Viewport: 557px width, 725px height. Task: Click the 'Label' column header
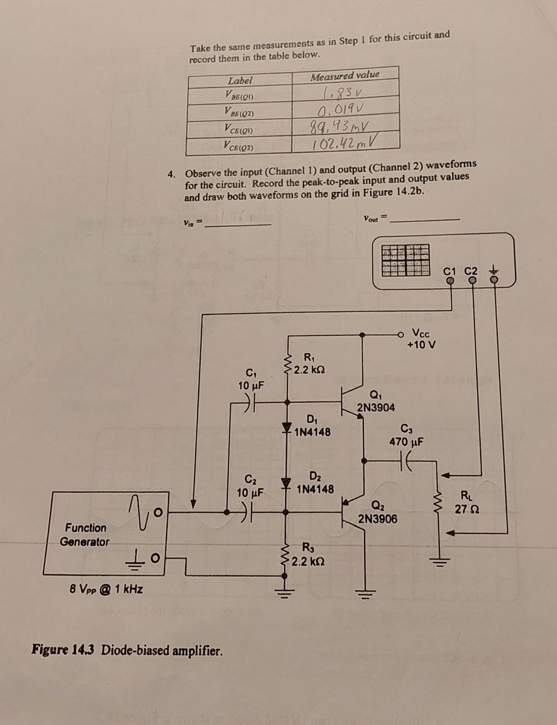click(x=240, y=81)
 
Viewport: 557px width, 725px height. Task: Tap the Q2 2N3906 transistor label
click(x=378, y=513)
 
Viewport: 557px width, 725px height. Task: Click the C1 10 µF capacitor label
click(x=251, y=379)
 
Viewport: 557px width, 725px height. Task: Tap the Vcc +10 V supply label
click(x=421, y=339)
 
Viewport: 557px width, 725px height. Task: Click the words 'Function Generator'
click(x=85, y=535)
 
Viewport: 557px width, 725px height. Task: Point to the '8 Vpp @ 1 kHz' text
click(x=106, y=589)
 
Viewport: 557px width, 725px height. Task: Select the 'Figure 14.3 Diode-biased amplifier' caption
click(x=127, y=650)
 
